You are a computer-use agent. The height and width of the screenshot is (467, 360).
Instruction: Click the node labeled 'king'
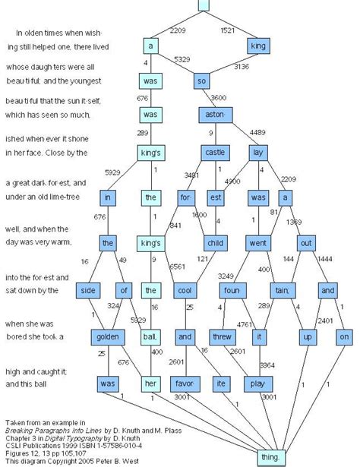pos(259,47)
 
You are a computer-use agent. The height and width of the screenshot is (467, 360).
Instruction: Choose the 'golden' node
pos(106,336)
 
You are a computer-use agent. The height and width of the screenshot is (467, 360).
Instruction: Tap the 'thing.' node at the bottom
pos(271,456)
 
